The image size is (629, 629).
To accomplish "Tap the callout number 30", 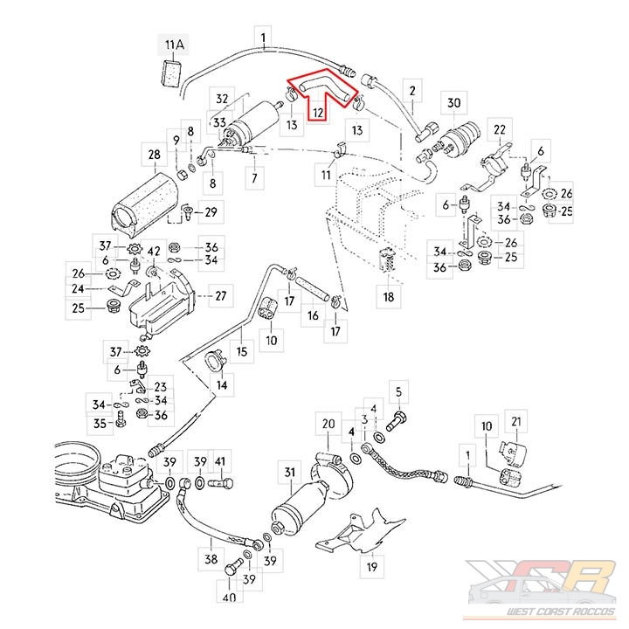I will tap(453, 103).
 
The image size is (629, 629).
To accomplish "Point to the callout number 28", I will tap(154, 157).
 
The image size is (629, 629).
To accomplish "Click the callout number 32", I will tap(222, 99).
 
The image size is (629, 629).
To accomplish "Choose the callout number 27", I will tap(221, 296).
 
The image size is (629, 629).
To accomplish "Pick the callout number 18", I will tap(390, 297).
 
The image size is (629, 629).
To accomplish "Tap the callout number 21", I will tap(515, 424).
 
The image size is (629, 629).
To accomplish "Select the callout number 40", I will tap(230, 598).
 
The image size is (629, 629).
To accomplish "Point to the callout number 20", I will tap(328, 425).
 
